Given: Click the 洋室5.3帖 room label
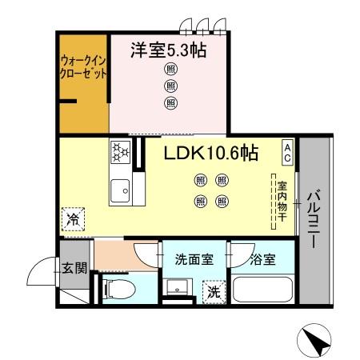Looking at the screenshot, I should (x=169, y=50).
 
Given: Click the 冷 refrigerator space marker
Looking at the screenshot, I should (x=74, y=218).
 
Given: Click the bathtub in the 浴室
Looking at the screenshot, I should (x=262, y=290).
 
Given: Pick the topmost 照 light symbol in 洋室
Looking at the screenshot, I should (x=170, y=70).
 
